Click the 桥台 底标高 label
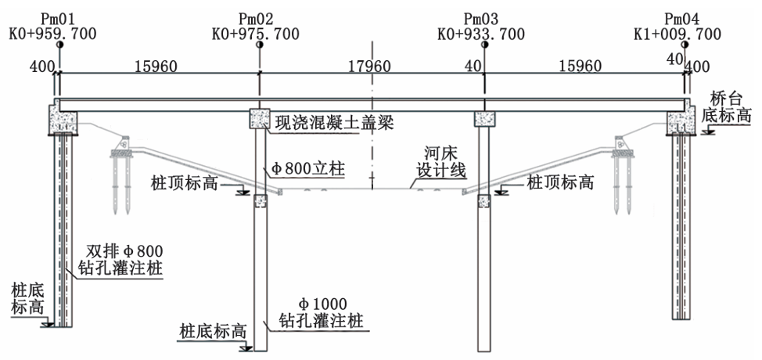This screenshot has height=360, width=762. pyautogui.click(x=731, y=107)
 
